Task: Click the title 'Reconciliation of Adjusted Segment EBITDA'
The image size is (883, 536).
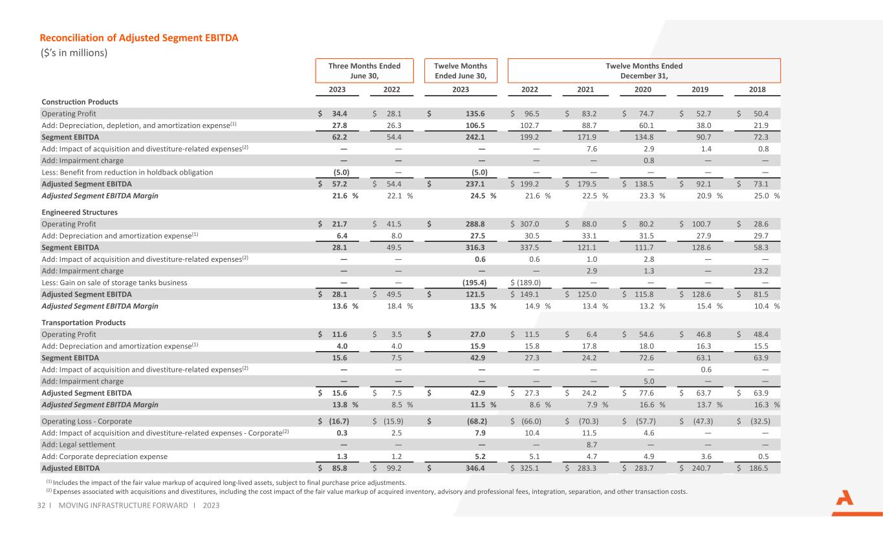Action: [x=138, y=38]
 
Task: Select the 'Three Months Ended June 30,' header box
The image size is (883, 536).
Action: [x=364, y=70]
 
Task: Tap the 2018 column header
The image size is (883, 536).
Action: [x=757, y=89]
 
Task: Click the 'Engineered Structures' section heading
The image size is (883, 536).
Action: [x=80, y=212]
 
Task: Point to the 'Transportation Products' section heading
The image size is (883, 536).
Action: [x=83, y=323]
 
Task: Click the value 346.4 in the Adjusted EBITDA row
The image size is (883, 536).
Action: [x=475, y=468]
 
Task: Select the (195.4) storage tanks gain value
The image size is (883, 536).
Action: [x=474, y=283]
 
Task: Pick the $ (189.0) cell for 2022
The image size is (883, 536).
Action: [x=525, y=283]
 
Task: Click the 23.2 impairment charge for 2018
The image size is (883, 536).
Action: [x=761, y=271]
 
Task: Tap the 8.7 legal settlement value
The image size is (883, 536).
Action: [x=592, y=445]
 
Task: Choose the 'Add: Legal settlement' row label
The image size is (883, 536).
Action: [x=78, y=445]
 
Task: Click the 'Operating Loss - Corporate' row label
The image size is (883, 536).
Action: [x=87, y=421]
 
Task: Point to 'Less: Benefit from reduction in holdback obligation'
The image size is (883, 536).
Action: [x=127, y=172]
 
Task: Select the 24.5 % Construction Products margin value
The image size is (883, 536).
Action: [x=483, y=196]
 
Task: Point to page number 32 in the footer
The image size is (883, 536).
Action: [x=41, y=505]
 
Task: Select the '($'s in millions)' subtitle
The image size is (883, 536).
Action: [x=74, y=53]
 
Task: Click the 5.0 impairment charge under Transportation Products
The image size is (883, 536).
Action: [x=649, y=381]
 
